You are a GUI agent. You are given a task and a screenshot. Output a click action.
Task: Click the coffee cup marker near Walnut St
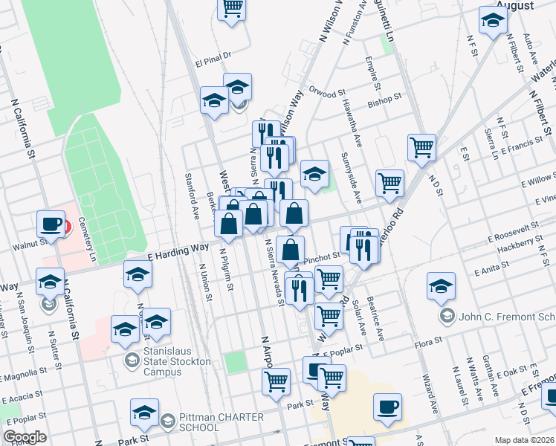51,223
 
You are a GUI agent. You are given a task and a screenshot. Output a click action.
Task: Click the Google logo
25,437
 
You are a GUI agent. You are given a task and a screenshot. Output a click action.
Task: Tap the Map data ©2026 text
525,439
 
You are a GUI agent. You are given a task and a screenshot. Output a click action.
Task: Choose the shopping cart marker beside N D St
421,147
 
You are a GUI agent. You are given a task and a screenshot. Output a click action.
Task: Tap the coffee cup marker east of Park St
387,407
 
